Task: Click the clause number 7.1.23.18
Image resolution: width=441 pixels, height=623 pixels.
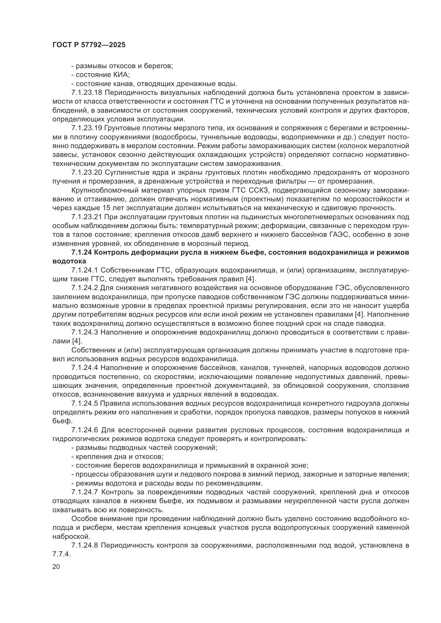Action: [87, 92]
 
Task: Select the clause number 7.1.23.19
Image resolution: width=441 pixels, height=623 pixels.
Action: [87, 128]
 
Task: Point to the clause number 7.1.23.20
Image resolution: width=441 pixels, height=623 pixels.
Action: [87, 172]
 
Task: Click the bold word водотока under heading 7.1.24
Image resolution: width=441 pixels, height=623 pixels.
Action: [69, 261]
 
